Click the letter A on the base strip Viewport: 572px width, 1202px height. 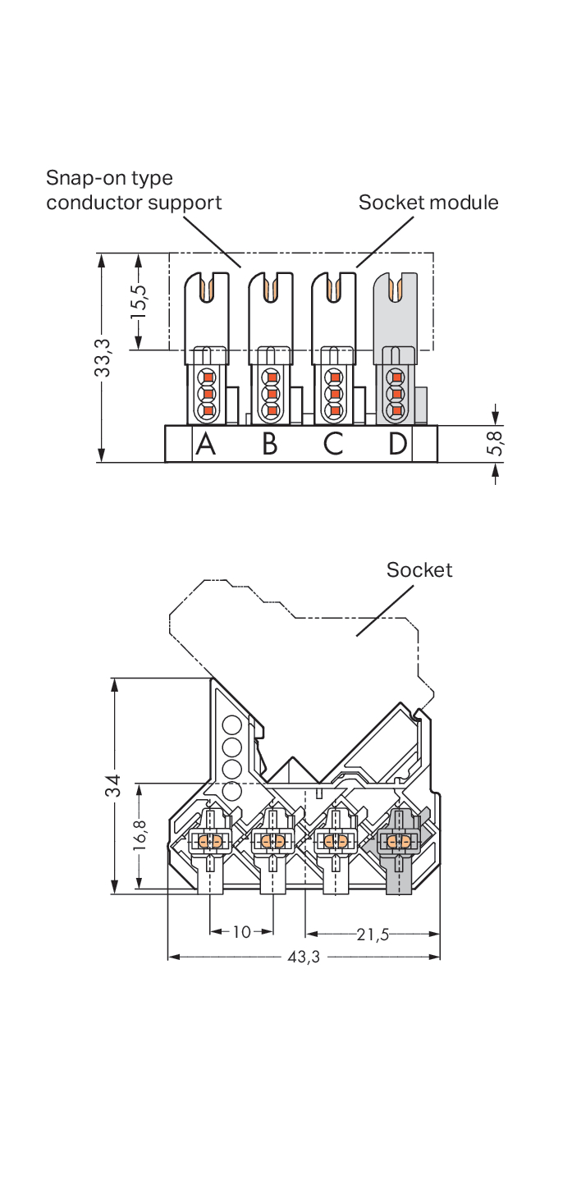(205, 444)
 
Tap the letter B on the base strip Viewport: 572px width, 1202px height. (270, 444)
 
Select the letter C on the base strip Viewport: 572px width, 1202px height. (333, 444)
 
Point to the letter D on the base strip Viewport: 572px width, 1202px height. (397, 444)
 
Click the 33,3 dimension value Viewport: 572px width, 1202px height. (103, 358)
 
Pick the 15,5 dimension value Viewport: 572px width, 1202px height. (138, 301)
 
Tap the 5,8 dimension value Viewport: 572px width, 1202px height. (495, 443)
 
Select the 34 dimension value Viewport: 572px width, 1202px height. (112, 785)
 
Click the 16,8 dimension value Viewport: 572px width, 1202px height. (140, 834)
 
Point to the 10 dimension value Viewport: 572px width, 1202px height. (242, 931)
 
